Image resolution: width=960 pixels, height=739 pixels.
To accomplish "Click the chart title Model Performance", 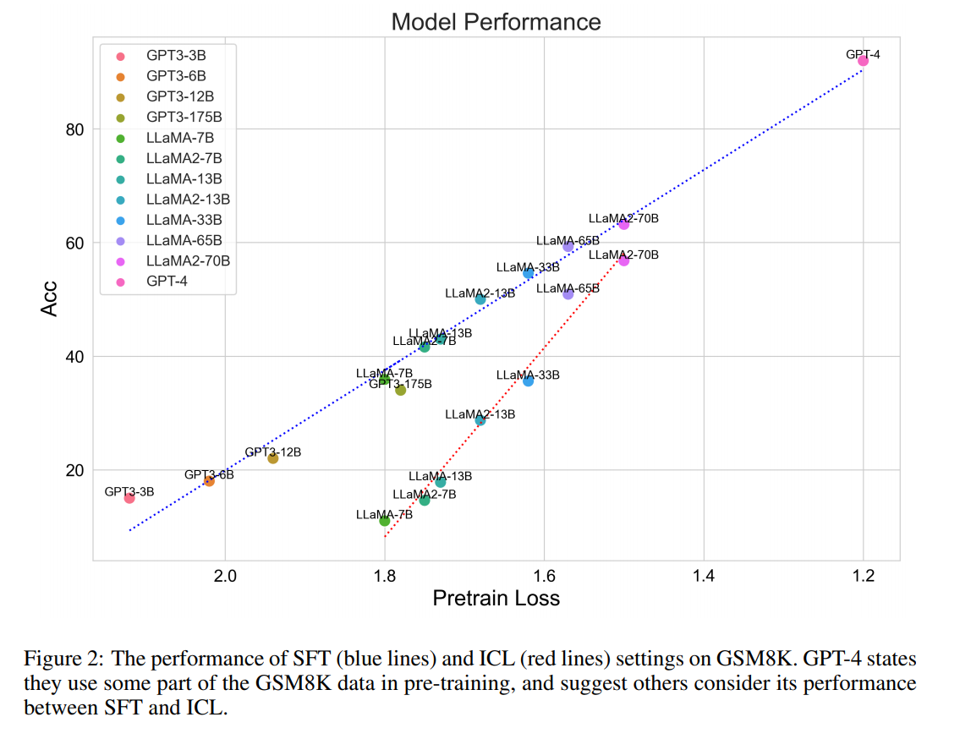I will click(x=496, y=21).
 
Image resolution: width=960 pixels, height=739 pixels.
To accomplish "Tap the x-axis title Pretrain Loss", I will click(x=496, y=599).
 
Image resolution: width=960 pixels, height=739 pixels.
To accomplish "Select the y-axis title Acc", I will click(x=50, y=298).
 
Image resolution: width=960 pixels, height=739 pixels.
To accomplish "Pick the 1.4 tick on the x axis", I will click(x=703, y=577).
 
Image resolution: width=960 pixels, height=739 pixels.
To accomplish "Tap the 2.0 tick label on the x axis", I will click(x=225, y=577).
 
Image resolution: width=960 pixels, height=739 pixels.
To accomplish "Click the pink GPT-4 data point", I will click(x=863, y=61).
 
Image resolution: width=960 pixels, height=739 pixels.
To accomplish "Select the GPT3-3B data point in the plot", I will click(x=129, y=498).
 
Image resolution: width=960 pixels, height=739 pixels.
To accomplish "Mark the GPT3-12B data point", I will click(x=273, y=458).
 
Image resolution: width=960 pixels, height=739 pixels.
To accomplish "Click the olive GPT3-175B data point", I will click(x=401, y=390).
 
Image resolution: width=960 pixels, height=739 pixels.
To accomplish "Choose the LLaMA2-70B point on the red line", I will click(x=623, y=260).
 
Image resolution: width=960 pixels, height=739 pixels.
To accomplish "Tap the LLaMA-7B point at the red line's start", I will click(x=385, y=521).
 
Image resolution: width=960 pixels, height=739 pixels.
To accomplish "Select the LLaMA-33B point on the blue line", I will click(x=528, y=273).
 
